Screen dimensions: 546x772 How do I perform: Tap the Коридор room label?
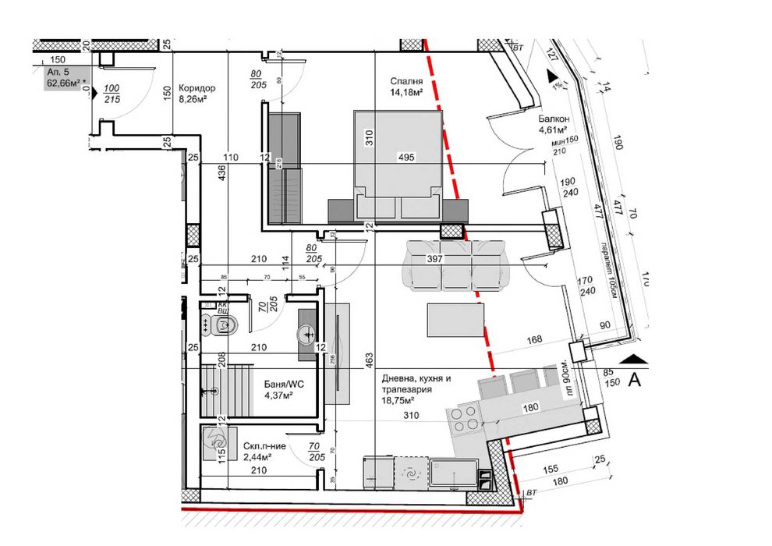tap(196, 88)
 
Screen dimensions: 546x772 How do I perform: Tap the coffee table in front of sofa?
tap(456, 317)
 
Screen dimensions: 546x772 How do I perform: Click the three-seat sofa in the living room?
tap(456, 265)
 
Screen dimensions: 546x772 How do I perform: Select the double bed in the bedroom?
tap(398, 164)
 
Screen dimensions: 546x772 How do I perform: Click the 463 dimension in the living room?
tap(368, 360)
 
